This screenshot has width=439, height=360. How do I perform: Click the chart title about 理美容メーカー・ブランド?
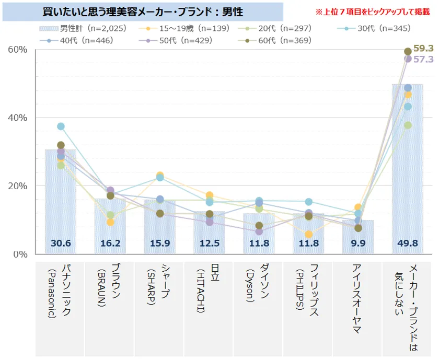[142, 11]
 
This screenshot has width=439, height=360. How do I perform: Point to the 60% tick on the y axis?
[17, 50]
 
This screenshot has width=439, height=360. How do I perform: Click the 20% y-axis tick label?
[17, 186]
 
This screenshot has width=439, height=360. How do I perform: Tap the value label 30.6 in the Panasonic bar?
[61, 242]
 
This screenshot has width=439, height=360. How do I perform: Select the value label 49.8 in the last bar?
[408, 242]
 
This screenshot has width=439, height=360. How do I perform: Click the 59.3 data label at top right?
[423, 49]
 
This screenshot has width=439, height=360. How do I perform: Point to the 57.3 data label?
[423, 60]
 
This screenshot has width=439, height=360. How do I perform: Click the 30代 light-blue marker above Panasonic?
[61, 126]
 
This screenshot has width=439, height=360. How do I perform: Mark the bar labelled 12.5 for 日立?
[209, 230]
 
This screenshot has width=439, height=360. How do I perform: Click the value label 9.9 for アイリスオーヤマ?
[357, 242]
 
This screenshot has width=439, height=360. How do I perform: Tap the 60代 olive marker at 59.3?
[408, 51]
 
